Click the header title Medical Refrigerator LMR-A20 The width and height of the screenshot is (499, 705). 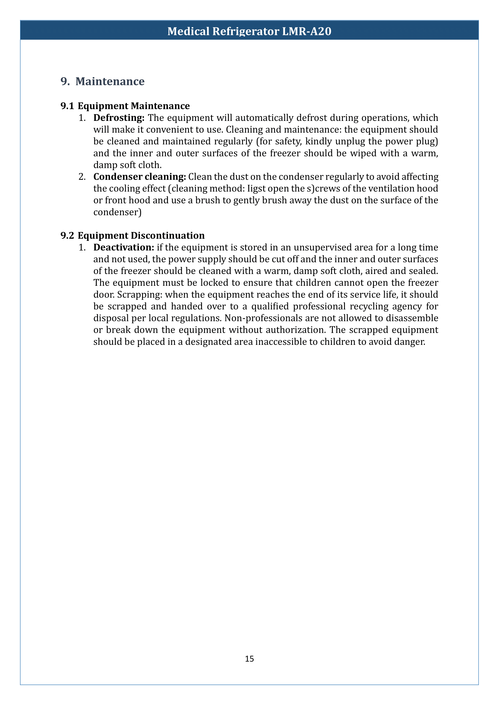click(249, 31)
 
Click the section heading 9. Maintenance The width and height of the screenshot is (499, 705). click(102, 81)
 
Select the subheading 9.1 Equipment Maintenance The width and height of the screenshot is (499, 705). click(125, 106)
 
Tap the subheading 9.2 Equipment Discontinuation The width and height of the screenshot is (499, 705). click(132, 236)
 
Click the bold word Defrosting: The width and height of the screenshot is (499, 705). click(119, 118)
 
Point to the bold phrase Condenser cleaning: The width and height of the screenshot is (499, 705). click(140, 177)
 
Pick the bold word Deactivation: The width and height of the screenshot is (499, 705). click(124, 247)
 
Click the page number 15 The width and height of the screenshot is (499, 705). click(249, 659)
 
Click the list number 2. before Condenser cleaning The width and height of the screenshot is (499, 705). click(82, 177)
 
